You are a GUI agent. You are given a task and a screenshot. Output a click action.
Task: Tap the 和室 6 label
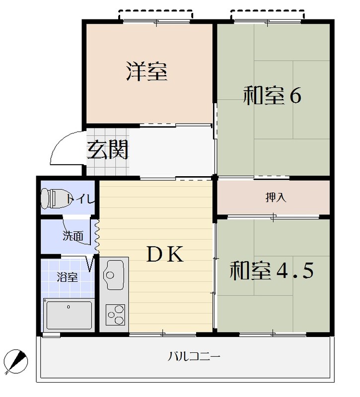coord(272,95)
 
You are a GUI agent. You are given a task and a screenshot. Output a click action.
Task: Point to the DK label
coord(165,254)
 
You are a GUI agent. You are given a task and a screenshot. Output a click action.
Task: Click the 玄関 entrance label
coord(108,149)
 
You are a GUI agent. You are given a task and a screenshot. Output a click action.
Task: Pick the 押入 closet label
coord(276,197)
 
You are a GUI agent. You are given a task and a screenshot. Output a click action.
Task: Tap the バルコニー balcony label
coord(194,356)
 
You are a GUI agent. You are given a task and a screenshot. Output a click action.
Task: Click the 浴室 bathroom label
coord(67,277)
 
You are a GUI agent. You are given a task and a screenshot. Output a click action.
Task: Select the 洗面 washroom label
coord(73,236)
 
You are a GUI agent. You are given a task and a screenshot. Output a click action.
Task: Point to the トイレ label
coord(80,199)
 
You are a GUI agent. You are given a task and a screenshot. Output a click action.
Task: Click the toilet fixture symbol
coord(54,198)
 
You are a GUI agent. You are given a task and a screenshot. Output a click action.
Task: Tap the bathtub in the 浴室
coord(69,315)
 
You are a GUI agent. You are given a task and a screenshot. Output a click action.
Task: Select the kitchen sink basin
coord(114,275)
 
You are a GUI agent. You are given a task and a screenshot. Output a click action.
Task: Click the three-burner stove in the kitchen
coord(115,315)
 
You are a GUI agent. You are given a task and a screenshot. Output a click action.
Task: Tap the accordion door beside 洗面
coord(97,236)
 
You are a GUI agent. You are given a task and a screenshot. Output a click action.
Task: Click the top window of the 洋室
coord(156,21)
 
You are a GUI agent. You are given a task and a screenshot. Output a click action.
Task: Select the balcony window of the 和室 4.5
coord(273,334)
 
